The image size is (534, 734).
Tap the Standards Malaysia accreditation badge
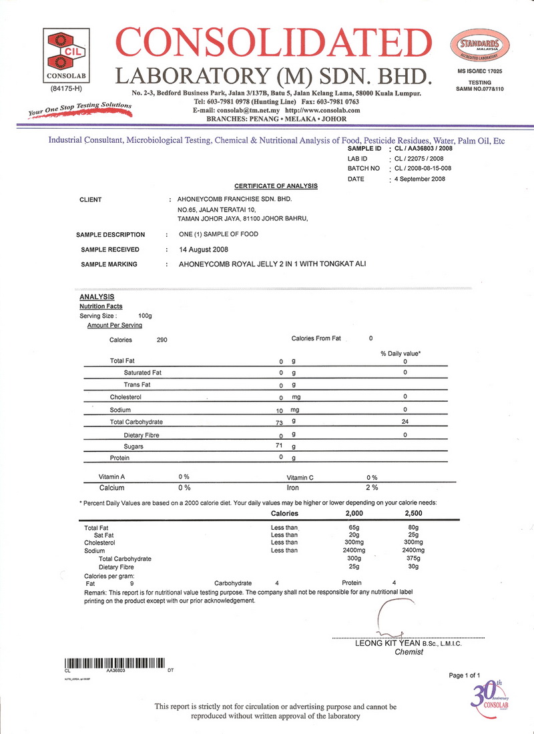[480, 48]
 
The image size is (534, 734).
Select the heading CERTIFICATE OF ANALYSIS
[276, 186]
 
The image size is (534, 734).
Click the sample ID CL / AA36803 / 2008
[425, 148]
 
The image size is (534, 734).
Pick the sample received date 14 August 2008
[204, 250]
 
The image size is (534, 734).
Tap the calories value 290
[162, 340]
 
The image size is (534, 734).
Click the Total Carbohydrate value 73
[281, 422]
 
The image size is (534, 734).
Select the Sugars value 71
[281, 446]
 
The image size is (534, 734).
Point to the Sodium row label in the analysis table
[121, 410]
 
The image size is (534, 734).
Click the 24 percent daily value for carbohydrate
[405, 422]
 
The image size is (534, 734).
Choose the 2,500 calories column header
[414, 514]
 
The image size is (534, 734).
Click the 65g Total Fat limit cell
[354, 528]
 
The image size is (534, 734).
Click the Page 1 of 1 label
[465, 675]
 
